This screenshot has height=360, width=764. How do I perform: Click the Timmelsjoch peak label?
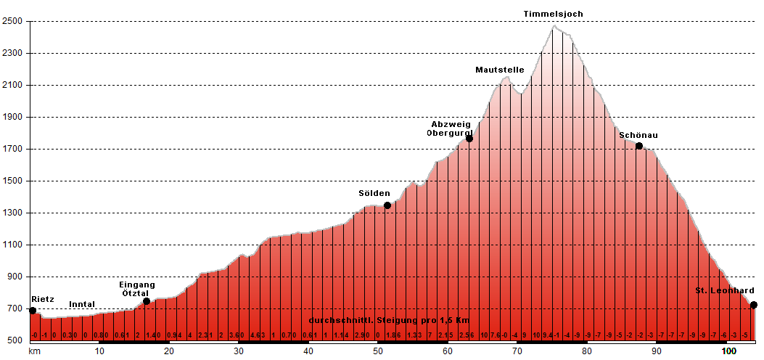pos(554,14)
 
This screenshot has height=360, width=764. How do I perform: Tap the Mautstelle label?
pos(500,70)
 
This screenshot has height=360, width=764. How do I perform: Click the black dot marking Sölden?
pos(387,205)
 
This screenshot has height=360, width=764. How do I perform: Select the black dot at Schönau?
pos(638,146)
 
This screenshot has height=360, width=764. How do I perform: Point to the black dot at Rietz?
pos(33,311)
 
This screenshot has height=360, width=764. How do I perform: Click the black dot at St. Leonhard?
pos(753,305)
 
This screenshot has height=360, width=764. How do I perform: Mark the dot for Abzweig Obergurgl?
pos(469,138)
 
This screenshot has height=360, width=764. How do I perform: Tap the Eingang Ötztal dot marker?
pos(147,301)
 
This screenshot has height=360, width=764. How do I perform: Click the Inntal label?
pos(82,304)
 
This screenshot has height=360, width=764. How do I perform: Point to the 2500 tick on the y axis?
pos(14,21)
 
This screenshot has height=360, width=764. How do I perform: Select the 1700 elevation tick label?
pos(14,149)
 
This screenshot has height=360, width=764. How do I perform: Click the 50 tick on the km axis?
pos(378,351)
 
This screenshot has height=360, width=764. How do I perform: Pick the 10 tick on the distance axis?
pos(99,351)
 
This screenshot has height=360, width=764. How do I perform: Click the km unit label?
pos(33,351)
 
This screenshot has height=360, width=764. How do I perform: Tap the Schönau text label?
pos(639,134)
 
